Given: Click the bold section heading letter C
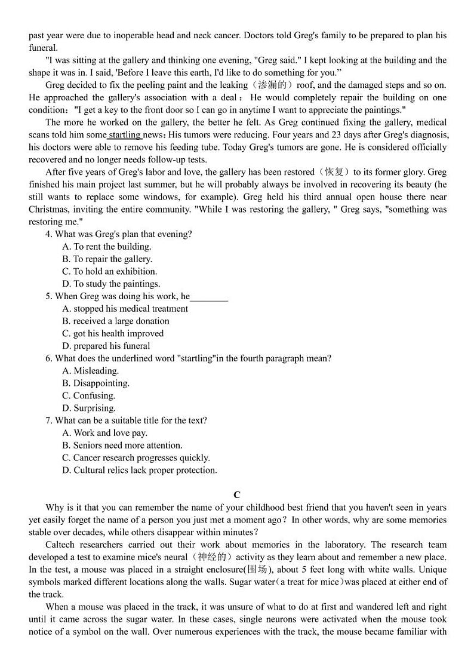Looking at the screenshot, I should tap(237, 495).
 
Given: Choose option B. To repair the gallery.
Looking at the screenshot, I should tap(107, 259).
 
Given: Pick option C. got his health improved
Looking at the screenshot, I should tap(112, 334).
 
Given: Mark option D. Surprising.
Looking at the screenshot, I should tap(89, 408).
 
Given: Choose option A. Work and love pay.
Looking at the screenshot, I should tap(104, 433).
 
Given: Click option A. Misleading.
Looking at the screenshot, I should tap(90, 371).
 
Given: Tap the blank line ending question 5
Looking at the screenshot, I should tap(209, 297).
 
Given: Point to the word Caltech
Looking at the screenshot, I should tap(63, 545).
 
